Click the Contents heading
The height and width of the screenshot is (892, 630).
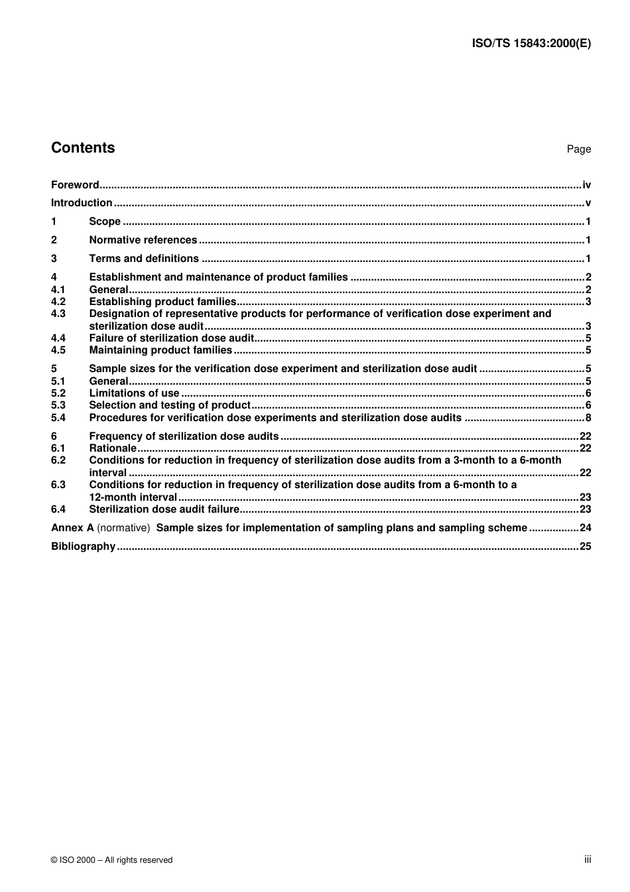coord(83,148)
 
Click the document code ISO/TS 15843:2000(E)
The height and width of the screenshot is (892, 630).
coord(531,43)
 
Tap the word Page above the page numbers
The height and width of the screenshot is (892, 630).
coord(578,149)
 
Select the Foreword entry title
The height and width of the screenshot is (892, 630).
coord(75,185)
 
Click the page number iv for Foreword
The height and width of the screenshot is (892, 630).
coord(586,185)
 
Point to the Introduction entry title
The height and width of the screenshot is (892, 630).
coord(82,203)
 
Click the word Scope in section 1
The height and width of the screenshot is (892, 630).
coord(105,222)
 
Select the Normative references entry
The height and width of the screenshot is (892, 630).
coord(143,240)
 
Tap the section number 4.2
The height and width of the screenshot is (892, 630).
coord(58,302)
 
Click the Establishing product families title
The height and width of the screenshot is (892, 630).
coord(162,302)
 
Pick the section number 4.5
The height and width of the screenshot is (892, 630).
coord(58,350)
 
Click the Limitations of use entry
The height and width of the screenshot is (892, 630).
coord(134,393)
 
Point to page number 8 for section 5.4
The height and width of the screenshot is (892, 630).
coord(588,418)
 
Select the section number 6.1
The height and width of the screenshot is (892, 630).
coord(58,448)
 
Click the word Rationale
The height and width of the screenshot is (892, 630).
coord(112,448)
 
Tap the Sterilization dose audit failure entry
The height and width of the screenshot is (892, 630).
coord(164,509)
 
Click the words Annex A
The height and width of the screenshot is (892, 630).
coord(72,528)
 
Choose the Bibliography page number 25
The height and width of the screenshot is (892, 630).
coord(584,546)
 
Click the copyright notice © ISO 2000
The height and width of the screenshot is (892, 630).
coord(111,860)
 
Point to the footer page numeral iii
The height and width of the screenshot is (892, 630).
coord(588,860)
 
